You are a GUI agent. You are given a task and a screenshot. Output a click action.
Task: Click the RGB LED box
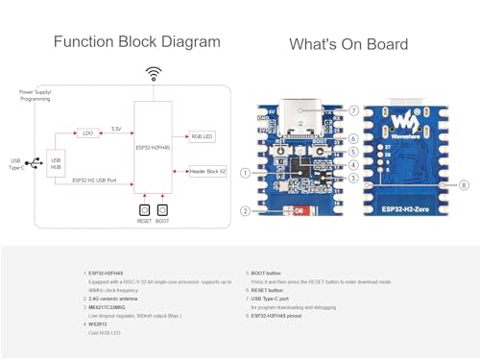[202, 137]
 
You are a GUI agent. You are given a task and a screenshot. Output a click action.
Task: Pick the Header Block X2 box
[205, 170]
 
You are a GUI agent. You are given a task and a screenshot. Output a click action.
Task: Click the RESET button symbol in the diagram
[144, 208]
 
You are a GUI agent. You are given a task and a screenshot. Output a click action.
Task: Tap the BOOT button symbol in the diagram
[162, 208]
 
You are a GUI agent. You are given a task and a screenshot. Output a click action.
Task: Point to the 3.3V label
[115, 128]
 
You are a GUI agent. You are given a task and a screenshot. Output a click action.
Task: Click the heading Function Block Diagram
[136, 42]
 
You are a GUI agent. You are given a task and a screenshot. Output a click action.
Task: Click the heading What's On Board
[348, 44]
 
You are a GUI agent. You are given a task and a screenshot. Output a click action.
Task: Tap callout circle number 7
[353, 110]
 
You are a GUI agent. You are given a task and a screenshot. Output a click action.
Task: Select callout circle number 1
[246, 174]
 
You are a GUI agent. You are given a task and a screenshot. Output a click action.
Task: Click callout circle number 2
[246, 210]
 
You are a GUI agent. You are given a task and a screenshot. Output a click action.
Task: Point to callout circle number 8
[465, 184]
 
